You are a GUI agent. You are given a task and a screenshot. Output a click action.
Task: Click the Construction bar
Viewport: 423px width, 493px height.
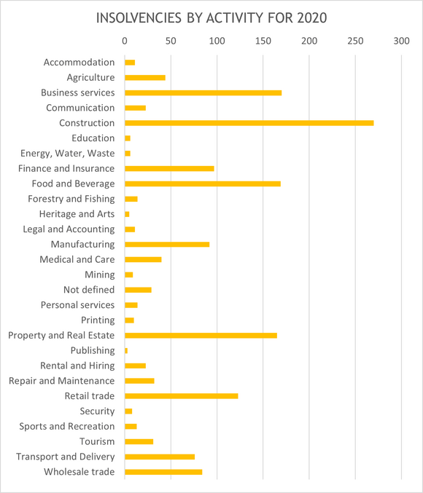tap(249, 123)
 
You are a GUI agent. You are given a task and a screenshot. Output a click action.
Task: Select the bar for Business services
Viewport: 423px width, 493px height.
tap(203, 92)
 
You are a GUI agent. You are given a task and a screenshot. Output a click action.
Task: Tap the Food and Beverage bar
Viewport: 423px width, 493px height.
tap(203, 184)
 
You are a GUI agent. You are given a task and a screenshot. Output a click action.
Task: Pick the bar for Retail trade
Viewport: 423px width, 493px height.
tap(182, 396)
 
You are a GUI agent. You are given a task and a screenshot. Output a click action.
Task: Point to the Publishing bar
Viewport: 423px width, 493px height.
tap(126, 350)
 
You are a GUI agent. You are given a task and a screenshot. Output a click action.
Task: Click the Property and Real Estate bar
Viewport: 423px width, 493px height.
tap(201, 336)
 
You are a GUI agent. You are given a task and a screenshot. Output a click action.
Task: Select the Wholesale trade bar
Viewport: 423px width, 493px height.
tap(163, 472)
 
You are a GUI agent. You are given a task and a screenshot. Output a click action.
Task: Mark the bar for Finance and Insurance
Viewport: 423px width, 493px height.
tap(169, 168)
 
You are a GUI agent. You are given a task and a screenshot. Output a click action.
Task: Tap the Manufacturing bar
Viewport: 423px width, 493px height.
tap(167, 244)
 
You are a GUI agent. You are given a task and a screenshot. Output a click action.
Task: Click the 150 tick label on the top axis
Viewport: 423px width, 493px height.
tap(263, 41)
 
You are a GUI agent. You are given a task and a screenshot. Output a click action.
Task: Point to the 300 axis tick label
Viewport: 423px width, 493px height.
tap(402, 41)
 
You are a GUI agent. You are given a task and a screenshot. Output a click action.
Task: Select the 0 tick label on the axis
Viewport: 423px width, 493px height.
tap(125, 41)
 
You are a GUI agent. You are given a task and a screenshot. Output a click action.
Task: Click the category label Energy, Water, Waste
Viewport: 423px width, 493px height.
tap(67, 154)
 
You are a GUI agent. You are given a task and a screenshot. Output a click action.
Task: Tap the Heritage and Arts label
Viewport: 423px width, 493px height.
tap(77, 214)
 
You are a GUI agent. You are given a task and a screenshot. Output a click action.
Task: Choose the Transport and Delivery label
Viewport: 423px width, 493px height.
tap(66, 457)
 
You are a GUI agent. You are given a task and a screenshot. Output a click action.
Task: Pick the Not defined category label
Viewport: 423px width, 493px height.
tap(89, 290)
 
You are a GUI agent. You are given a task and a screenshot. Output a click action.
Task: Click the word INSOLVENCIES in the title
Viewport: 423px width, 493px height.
tap(139, 18)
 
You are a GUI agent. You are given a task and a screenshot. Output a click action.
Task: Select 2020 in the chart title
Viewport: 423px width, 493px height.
tap(312, 18)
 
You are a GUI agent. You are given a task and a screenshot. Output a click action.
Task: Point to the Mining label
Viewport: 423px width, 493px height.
tap(100, 275)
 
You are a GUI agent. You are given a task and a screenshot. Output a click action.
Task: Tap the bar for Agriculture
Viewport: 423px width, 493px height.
tap(145, 78)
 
